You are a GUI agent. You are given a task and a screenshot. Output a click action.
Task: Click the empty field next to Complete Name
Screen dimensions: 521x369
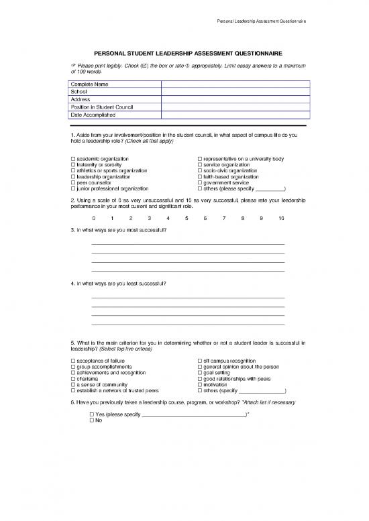[x=235, y=84]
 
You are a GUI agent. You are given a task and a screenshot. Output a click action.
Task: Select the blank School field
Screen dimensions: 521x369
[x=235, y=91]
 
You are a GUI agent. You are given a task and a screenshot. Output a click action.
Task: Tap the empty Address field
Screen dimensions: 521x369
[x=235, y=99]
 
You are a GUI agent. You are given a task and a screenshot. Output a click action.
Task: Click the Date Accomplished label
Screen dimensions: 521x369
[x=93, y=115]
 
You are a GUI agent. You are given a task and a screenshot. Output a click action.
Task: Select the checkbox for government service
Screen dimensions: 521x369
[x=200, y=182]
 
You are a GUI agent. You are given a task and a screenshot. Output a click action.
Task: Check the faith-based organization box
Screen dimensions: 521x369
[x=200, y=176]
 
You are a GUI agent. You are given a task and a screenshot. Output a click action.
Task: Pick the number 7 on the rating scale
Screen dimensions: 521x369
[x=224, y=218]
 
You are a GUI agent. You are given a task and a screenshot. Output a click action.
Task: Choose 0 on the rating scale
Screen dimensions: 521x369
[x=93, y=218]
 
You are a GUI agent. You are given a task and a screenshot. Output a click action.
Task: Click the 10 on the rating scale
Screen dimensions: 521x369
[x=280, y=218]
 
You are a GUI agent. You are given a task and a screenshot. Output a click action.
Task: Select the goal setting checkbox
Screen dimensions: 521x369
[x=200, y=373]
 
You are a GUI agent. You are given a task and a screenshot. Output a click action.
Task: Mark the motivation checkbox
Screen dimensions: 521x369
[x=200, y=385]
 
